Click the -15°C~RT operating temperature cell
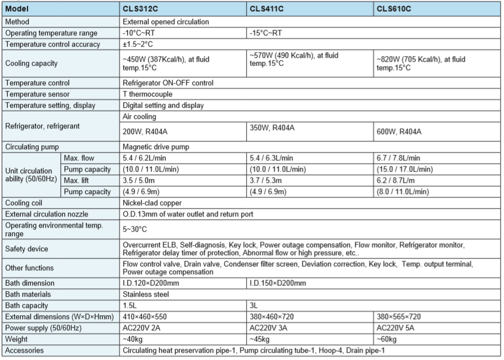[268, 33]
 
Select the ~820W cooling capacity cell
[420, 63]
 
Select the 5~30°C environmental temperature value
[135, 229]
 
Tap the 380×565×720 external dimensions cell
[403, 316]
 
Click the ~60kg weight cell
[387, 339]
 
